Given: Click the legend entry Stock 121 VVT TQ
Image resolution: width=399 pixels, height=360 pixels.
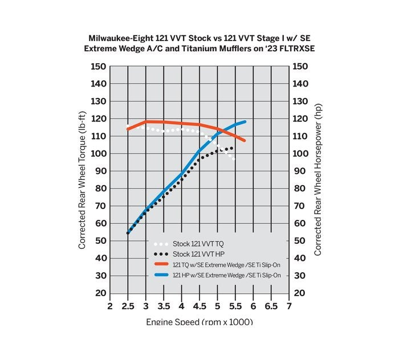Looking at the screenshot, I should (x=198, y=243).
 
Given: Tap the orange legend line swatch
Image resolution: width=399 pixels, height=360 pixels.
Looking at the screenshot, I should (x=162, y=264).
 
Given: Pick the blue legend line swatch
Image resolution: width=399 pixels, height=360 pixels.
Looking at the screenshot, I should (x=162, y=275).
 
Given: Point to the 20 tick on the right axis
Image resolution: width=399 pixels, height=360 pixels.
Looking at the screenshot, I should (x=299, y=293).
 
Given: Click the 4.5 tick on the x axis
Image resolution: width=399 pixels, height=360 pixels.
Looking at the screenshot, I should (x=199, y=307).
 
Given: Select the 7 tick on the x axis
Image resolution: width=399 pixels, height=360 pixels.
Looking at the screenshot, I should (x=289, y=307).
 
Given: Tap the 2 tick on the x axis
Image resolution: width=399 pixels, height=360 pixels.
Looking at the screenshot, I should (x=110, y=307).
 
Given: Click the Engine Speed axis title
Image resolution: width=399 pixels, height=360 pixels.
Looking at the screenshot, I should (x=199, y=322).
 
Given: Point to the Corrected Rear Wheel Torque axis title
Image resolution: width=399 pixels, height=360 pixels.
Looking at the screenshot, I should (x=82, y=180).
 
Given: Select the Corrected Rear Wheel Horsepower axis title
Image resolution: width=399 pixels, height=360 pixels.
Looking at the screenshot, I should (x=317, y=180).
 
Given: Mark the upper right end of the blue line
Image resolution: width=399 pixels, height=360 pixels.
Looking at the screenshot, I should (x=245, y=121).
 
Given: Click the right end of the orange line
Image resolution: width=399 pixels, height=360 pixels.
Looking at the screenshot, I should (x=244, y=140).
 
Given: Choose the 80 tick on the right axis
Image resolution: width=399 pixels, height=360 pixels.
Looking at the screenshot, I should (x=299, y=189).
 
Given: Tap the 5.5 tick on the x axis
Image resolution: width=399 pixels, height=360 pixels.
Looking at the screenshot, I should (x=235, y=307).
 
